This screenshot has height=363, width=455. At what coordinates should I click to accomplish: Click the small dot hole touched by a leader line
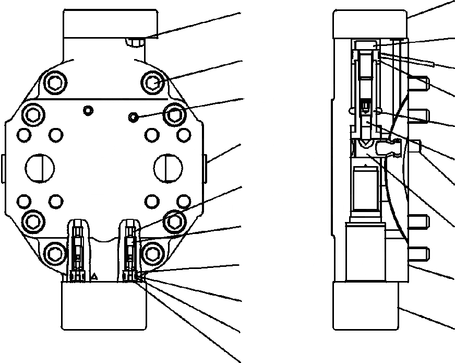pyautogui.click(x=134, y=118)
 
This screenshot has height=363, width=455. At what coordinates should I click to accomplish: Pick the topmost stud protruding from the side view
pyautogui.click(x=420, y=82)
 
